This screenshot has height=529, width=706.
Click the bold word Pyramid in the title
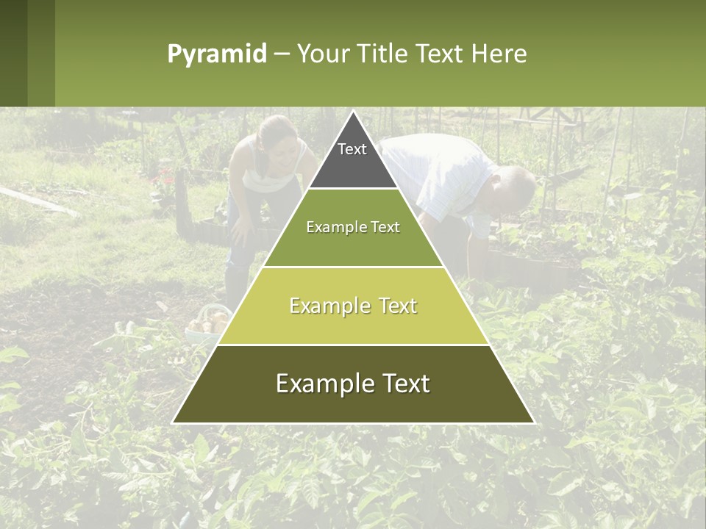pyautogui.click(x=216, y=54)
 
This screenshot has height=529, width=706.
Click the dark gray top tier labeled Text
pyautogui.click(x=352, y=158)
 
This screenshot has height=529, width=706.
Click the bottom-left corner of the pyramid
pyautogui.click(x=174, y=422)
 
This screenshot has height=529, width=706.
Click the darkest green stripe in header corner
pyautogui.click(x=13, y=53)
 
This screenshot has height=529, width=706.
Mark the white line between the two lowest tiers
pyautogui.click(x=353, y=345)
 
